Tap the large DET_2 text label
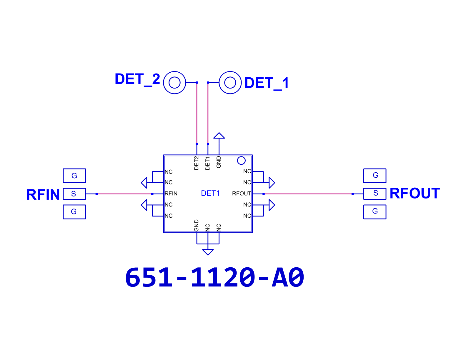click(x=137, y=79)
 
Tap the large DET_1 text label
click(x=267, y=83)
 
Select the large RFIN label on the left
click(x=43, y=194)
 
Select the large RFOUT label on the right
click(x=415, y=193)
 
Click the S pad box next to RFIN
click(x=74, y=194)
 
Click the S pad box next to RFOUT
click(x=375, y=194)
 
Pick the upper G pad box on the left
click(x=74, y=176)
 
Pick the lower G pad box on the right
click(x=375, y=212)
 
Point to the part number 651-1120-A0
click(x=214, y=277)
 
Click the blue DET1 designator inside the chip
click(x=210, y=193)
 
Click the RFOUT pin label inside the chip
click(x=242, y=194)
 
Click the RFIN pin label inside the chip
click(x=171, y=194)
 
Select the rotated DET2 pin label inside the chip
click(x=196, y=163)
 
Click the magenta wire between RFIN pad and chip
click(x=124, y=194)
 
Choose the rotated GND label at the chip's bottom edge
click(x=196, y=225)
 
